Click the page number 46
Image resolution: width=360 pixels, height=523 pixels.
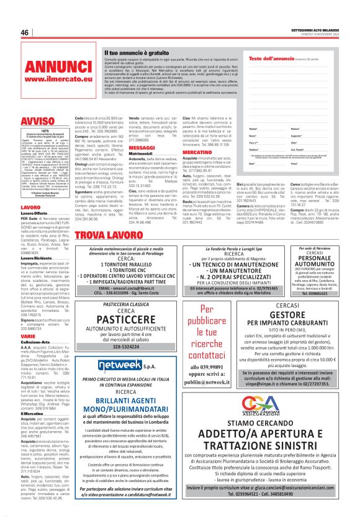point(25,32)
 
